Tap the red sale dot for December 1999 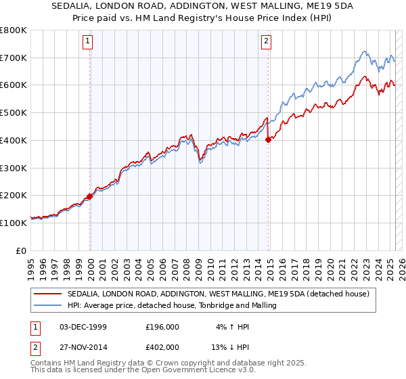coord(90,196)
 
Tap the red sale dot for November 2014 coord(269,139)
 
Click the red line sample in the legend coord(49,294)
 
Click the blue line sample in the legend coord(49,306)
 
